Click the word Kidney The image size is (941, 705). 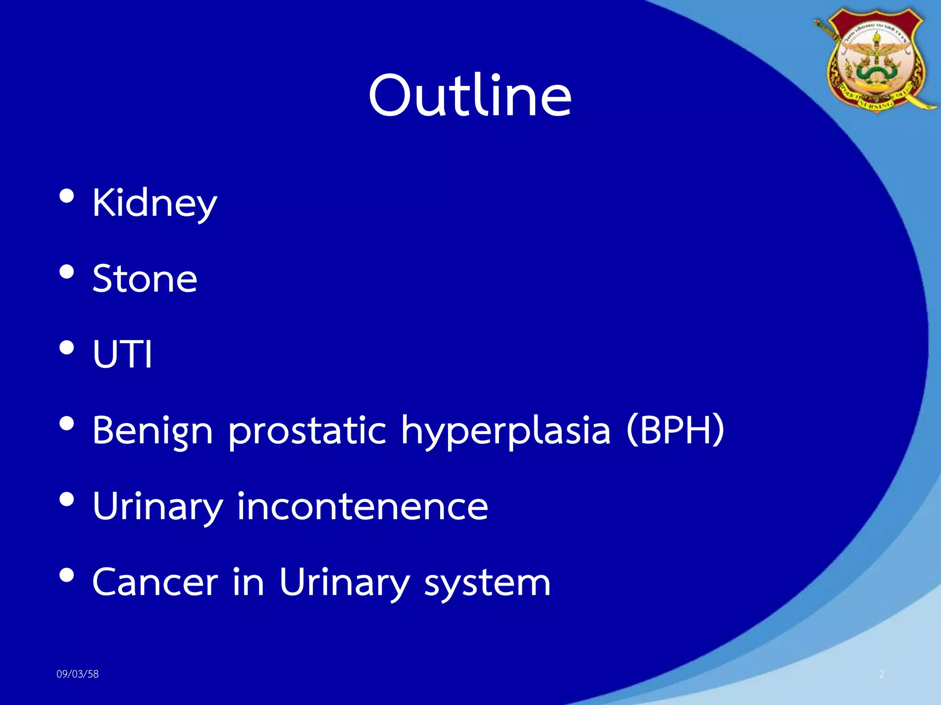pyautogui.click(x=154, y=203)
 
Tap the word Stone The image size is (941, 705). pyautogui.click(x=145, y=279)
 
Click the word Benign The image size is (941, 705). pyautogui.click(x=153, y=431)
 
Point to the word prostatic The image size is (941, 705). pyautogui.click(x=307, y=431)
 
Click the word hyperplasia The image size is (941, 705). pyautogui.click(x=506, y=431)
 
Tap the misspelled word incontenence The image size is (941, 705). pyautogui.click(x=363, y=506)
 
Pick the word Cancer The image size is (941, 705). pyautogui.click(x=155, y=582)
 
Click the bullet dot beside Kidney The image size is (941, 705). pyautogui.click(x=67, y=196)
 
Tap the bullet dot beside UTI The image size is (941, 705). pyautogui.click(x=67, y=348)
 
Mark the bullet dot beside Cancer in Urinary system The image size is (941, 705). pyautogui.click(x=67, y=575)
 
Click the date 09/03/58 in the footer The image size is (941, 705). pyautogui.click(x=77, y=674)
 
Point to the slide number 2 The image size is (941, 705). pyautogui.click(x=881, y=674)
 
